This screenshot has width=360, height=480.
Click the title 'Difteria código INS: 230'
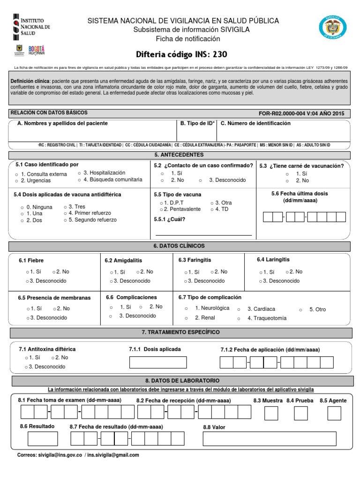tap(180, 53)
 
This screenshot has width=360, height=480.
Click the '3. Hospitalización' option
tap(104, 172)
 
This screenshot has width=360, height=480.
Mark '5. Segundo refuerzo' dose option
tap(92, 219)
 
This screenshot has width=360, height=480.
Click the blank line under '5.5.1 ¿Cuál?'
tap(203, 234)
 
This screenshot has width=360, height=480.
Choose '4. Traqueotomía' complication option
tap(266, 318)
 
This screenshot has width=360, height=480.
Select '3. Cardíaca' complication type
tap(261, 309)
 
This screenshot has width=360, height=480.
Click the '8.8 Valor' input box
tap(269, 438)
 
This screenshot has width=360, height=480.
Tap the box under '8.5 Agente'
tap(334, 413)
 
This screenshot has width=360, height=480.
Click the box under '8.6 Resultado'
tap(43, 438)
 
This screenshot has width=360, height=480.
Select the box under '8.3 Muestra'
tap(271, 413)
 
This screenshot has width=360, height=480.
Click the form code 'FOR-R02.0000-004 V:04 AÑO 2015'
tap(301, 113)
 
